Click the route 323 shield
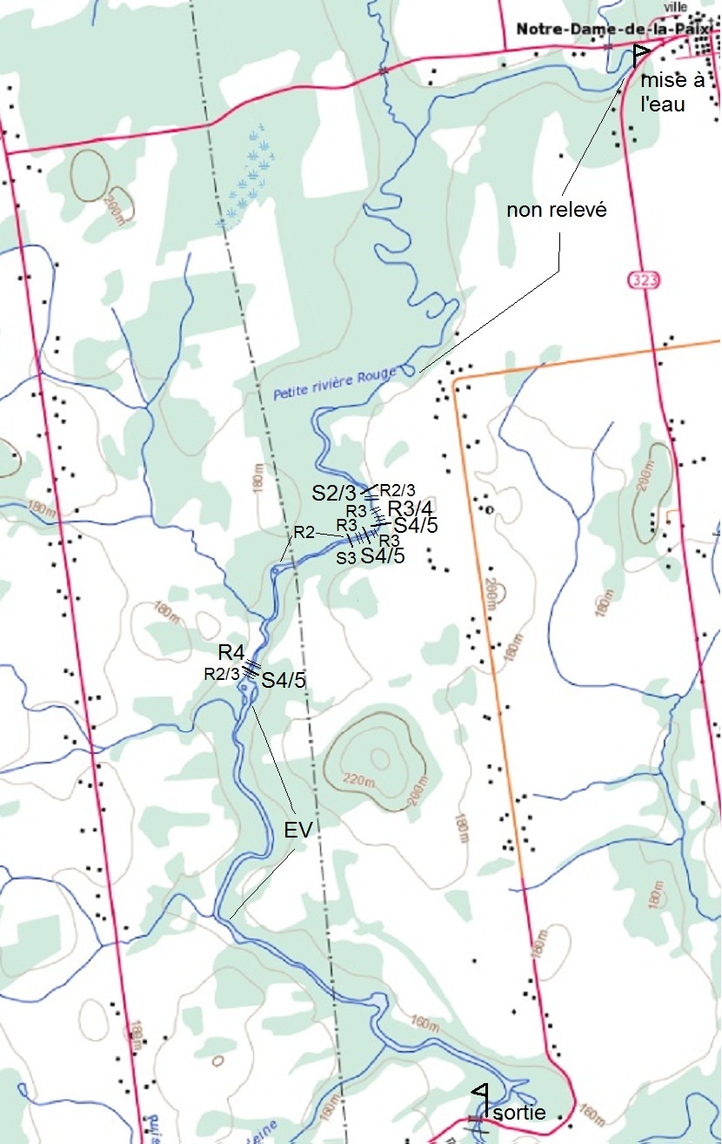coord(641,279)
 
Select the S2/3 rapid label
coord(334,493)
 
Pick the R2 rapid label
coord(304,532)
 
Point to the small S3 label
coord(347,557)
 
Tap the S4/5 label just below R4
coord(284,681)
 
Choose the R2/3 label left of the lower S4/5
coord(222,674)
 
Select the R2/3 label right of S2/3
coord(398,489)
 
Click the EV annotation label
coord(297,831)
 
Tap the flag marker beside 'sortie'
coord(480,1091)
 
